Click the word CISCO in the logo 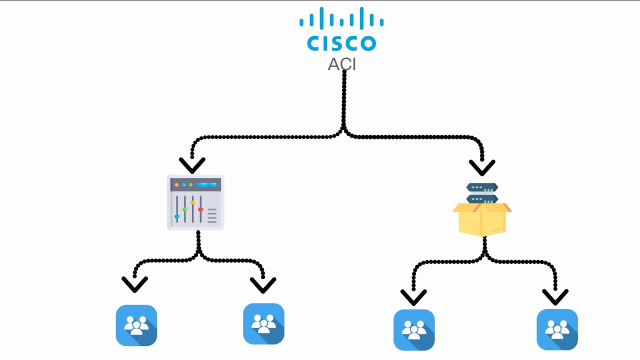pyautogui.click(x=341, y=43)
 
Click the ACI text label pyautogui.click(x=341, y=64)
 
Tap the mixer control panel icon pyautogui.click(x=195, y=202)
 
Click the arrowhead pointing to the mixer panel pyautogui.click(x=192, y=165)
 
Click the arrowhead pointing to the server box pyautogui.click(x=482, y=167)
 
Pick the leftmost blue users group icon pyautogui.click(x=136, y=325)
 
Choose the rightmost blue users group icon pyautogui.click(x=557, y=329)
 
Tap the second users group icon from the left pyautogui.click(x=263, y=323)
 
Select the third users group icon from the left pyautogui.click(x=414, y=329)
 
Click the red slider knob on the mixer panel pyautogui.click(x=200, y=209)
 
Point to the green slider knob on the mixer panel pyautogui.click(x=185, y=209)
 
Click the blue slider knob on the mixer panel pyautogui.click(x=177, y=216)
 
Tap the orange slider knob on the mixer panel pyautogui.click(x=193, y=202)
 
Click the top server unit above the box pyautogui.click(x=482, y=187)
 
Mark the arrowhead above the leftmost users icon pyautogui.click(x=134, y=284)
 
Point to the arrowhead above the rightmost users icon pyautogui.click(x=555, y=297)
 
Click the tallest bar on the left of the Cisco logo pyautogui.click(x=321, y=18)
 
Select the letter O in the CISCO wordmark pyautogui.click(x=368, y=43)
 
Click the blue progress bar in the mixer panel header pyautogui.click(x=206, y=185)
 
